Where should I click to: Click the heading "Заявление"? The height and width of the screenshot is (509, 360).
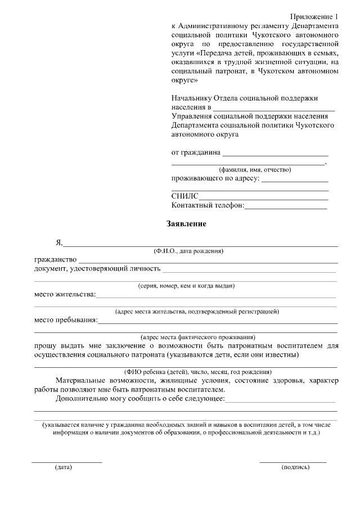[x=186, y=224]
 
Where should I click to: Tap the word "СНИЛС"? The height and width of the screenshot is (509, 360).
[x=185, y=196]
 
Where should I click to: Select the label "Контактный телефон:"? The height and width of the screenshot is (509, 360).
[x=208, y=206]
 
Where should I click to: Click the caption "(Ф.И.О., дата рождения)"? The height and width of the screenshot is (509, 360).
[x=188, y=250]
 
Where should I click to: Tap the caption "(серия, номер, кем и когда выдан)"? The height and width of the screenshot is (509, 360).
[x=186, y=286]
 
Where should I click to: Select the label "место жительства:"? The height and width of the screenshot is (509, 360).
[x=65, y=294]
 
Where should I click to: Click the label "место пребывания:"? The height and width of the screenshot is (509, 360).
[x=65, y=321]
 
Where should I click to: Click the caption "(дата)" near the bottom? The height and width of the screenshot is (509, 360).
[x=63, y=467]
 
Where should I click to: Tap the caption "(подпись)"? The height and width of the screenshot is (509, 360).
[x=295, y=467]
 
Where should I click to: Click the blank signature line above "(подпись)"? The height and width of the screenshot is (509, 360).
[x=292, y=462]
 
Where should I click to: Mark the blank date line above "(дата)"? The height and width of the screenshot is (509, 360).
[x=66, y=462]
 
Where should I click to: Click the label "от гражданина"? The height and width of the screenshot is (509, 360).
[x=196, y=153]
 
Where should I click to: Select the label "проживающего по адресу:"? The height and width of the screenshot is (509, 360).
[x=215, y=179]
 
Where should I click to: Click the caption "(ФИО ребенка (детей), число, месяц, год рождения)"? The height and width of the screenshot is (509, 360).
[x=198, y=372]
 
